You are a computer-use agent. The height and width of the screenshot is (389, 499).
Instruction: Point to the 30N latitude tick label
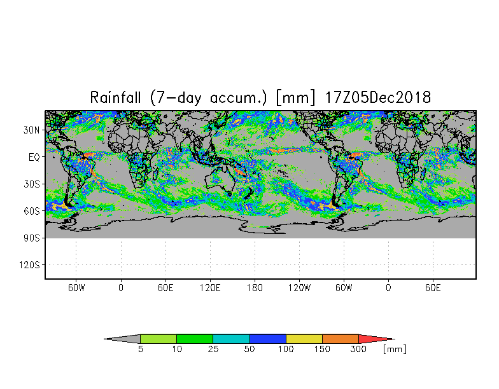point(32,130)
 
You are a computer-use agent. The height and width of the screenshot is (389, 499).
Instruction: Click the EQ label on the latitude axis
point(34,156)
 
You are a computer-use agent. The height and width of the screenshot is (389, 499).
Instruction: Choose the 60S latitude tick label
point(32,210)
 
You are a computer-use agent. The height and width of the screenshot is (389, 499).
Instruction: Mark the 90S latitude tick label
point(32,238)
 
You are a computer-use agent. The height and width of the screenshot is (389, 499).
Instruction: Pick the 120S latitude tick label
point(29,264)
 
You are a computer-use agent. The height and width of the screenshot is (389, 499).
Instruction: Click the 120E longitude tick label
point(210,287)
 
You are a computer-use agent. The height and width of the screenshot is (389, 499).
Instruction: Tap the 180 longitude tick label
point(255,287)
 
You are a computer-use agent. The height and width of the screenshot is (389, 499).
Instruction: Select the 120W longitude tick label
point(299,287)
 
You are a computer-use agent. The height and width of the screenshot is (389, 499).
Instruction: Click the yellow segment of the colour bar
point(304,339)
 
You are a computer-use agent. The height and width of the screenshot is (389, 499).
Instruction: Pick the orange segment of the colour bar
point(341,339)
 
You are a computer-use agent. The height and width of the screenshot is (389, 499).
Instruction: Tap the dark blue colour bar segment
point(268,339)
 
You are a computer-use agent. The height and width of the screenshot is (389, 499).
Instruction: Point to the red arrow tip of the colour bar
point(376,339)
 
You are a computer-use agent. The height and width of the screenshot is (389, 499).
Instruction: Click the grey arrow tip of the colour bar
point(123,339)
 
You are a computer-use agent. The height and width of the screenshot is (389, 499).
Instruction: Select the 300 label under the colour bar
point(359,350)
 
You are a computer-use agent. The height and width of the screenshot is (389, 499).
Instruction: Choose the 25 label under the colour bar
point(213,350)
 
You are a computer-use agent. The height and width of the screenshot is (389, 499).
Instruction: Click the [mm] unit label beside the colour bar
point(395,350)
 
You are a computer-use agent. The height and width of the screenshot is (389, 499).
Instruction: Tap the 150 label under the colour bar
point(323,350)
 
